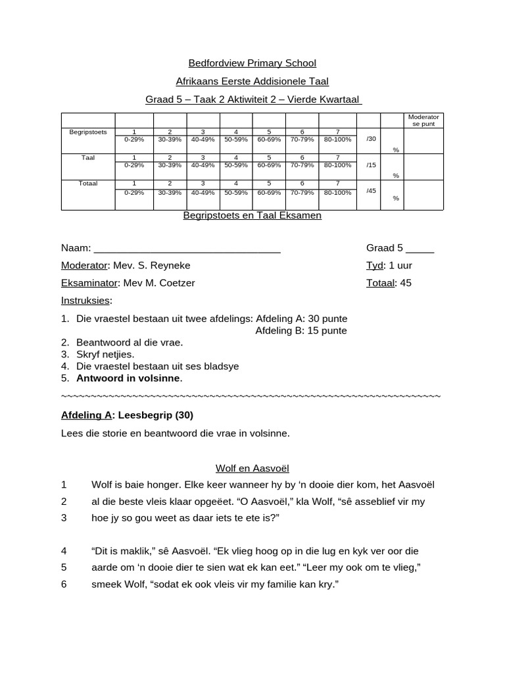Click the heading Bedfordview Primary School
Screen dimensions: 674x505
click(252, 63)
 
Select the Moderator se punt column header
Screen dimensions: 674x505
click(423, 120)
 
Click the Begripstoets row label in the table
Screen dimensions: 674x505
click(88, 132)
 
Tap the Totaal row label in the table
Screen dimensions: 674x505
click(88, 184)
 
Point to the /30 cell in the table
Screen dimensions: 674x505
click(372, 139)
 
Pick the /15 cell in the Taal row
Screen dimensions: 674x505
click(372, 165)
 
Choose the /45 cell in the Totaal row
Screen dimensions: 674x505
click(372, 191)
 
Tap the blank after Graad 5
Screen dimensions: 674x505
click(420, 249)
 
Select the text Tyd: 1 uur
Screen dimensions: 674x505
click(389, 266)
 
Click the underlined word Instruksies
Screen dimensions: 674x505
click(86, 300)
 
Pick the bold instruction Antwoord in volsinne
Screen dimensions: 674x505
click(129, 378)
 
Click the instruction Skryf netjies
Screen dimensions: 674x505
click(105, 354)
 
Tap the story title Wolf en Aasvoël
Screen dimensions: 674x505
click(252, 469)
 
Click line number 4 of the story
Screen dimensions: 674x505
click(64, 551)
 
